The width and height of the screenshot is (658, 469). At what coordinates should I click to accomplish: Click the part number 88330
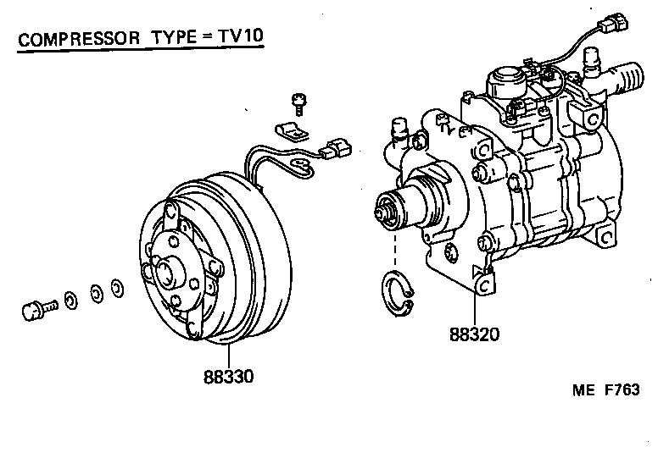coord(228,375)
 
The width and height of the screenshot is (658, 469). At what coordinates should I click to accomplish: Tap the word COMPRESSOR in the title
coord(73,39)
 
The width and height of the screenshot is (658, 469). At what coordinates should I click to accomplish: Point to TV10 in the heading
coord(232,38)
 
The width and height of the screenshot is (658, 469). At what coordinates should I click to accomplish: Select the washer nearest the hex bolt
coord(71,298)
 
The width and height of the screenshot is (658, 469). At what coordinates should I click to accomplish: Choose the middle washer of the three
coord(96,293)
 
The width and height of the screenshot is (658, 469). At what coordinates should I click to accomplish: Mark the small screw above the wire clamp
coord(298,103)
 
